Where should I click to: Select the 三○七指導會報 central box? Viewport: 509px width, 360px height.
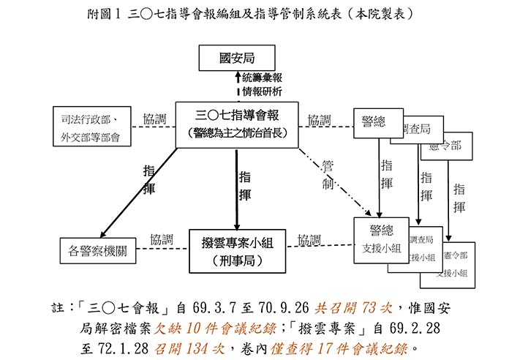coord(236,124)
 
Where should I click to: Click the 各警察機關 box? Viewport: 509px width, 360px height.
coord(98,250)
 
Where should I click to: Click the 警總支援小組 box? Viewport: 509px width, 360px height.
coord(381,239)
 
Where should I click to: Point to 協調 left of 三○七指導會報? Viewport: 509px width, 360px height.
coord(154,119)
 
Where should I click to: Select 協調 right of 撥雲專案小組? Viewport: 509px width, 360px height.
coord(309,239)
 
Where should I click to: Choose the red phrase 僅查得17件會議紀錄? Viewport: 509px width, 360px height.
coord(343,345)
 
